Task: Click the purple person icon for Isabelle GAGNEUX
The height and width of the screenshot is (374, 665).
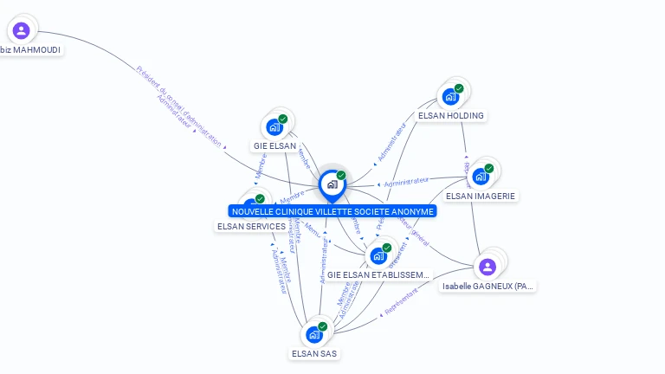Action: [487, 266]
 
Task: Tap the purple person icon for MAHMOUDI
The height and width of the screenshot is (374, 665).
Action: [22, 31]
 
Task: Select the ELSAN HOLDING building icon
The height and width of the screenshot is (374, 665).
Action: [450, 96]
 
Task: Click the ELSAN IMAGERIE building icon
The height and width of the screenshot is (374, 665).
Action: [480, 176]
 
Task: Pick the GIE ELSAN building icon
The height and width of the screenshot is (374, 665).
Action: [274, 127]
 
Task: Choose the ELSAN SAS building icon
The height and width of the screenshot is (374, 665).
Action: [313, 334]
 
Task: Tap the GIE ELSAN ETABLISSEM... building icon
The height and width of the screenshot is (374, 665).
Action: [378, 255]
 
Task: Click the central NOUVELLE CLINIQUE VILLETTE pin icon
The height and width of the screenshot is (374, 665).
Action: [332, 184]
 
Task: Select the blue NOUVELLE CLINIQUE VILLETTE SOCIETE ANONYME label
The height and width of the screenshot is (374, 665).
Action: [332, 211]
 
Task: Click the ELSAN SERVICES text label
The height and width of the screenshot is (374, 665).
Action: [251, 226]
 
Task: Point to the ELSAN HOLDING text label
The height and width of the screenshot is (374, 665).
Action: [450, 115]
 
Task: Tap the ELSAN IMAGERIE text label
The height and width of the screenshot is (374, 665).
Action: [481, 196]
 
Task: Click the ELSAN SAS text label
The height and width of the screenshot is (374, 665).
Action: [314, 353]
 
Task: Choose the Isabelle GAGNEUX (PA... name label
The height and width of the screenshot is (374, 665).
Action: [487, 286]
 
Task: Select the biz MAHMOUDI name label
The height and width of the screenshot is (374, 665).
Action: [30, 50]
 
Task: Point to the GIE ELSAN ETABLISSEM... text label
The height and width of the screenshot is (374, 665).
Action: [378, 275]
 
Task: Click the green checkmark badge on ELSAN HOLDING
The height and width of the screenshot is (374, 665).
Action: [459, 88]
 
